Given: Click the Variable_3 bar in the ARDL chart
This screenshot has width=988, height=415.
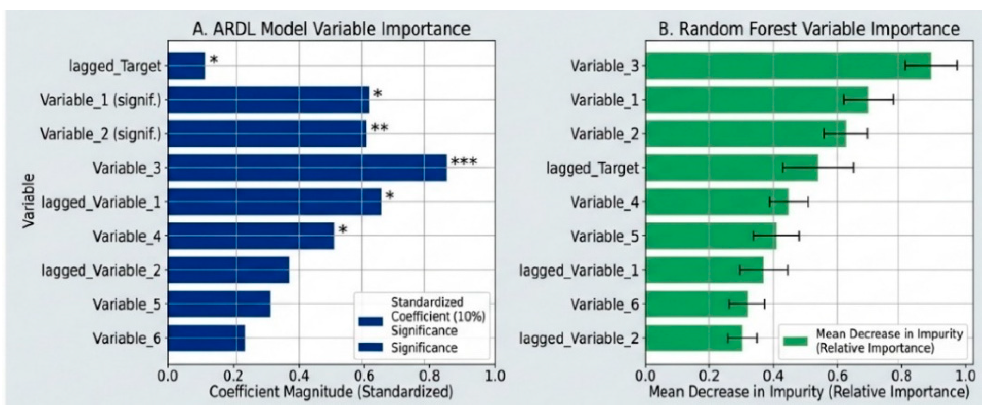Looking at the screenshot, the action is coord(307,168).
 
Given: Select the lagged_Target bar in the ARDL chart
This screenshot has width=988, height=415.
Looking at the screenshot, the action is coord(187,66).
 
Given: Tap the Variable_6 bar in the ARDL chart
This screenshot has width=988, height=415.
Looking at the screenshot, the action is coord(206,338).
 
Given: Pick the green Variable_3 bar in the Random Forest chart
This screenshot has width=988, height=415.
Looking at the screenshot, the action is coord(788,66).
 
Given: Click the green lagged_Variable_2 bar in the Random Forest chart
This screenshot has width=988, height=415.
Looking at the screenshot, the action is coord(694,338).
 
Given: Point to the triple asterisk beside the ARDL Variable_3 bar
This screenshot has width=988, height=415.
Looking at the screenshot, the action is coord(464,162).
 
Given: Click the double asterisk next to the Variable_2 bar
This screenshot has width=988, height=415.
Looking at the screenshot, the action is coord(380,128).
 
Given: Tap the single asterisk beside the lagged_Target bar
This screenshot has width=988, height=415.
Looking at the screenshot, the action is coord(214,60).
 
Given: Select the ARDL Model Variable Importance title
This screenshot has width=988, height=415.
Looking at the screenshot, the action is coord(331,30).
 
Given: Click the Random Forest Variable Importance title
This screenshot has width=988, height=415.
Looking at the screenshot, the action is coord(809,30).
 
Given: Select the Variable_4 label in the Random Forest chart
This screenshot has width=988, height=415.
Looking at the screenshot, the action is coord(605,202).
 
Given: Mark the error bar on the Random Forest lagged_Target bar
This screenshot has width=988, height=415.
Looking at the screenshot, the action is coord(818,168).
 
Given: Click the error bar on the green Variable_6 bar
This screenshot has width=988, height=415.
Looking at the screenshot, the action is coord(747,304).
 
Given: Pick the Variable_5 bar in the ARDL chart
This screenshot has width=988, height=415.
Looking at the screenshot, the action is coord(219,304).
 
